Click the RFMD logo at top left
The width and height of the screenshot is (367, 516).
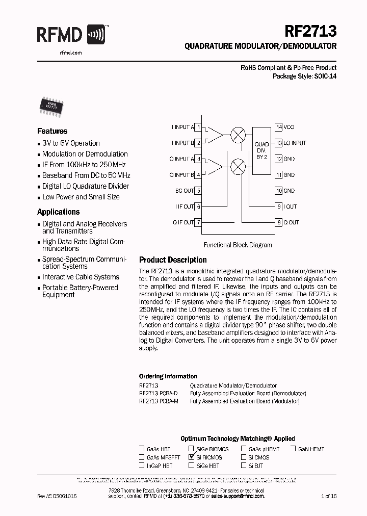point(71,35)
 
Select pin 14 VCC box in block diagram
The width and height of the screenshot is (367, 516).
point(279,127)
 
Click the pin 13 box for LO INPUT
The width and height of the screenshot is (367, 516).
point(279,143)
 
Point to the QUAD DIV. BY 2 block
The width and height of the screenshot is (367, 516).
point(261,151)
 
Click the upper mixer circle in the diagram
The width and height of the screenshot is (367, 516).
point(238,135)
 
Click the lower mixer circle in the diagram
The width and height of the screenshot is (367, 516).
point(238,166)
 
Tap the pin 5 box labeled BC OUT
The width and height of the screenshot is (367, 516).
point(198,191)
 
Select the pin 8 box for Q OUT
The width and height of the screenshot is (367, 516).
point(279,222)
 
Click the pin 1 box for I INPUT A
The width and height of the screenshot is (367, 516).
point(198,127)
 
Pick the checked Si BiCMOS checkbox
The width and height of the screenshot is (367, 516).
point(192,457)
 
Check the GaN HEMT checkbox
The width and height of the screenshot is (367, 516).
point(294,449)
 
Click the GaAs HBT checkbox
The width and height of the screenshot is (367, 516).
point(142,449)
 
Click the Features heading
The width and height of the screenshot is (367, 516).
point(52,131)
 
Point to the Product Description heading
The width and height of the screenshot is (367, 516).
point(173,260)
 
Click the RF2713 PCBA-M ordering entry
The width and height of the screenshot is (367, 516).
point(159,401)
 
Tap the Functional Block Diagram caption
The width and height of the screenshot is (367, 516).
point(238,245)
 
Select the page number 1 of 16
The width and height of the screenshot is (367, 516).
point(329,496)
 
